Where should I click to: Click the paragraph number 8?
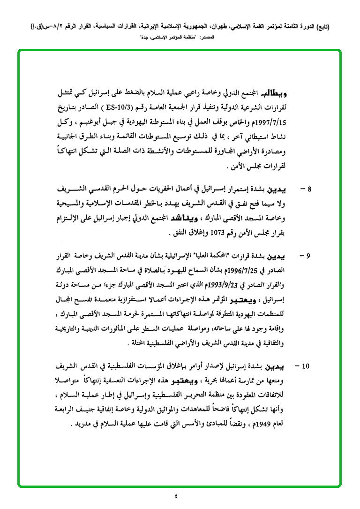(309, 190)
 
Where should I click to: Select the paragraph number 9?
(308, 257)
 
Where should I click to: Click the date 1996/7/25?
(246, 270)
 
